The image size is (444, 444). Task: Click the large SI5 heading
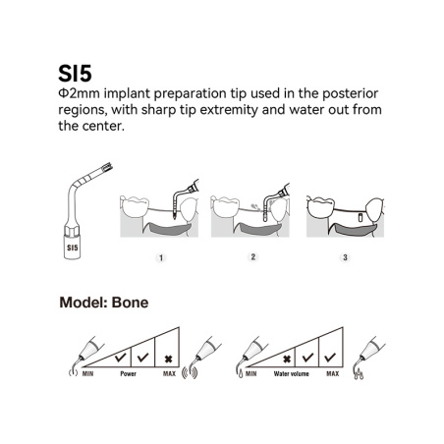point(75,73)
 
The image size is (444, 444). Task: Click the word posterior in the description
point(351,93)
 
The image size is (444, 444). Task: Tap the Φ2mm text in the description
point(79,93)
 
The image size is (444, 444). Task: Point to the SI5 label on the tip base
point(73,248)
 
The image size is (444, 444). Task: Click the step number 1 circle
point(161,258)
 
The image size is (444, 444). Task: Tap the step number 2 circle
point(252,257)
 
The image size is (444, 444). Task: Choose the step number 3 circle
point(345,257)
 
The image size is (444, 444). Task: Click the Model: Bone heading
point(104,303)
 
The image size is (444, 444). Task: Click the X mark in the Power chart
point(168,360)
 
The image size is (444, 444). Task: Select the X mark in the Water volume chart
point(287,360)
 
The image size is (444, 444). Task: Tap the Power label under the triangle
point(128,373)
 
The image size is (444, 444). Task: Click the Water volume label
point(291,373)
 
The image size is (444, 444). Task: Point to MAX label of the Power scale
point(169,373)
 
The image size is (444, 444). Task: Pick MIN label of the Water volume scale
point(251,373)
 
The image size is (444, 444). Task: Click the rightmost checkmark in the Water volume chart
point(330,357)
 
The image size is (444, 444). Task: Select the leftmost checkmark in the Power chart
point(120,357)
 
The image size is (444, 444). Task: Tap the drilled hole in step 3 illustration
point(360,217)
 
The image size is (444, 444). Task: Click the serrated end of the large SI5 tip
point(107,168)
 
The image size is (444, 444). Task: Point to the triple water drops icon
point(359,374)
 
